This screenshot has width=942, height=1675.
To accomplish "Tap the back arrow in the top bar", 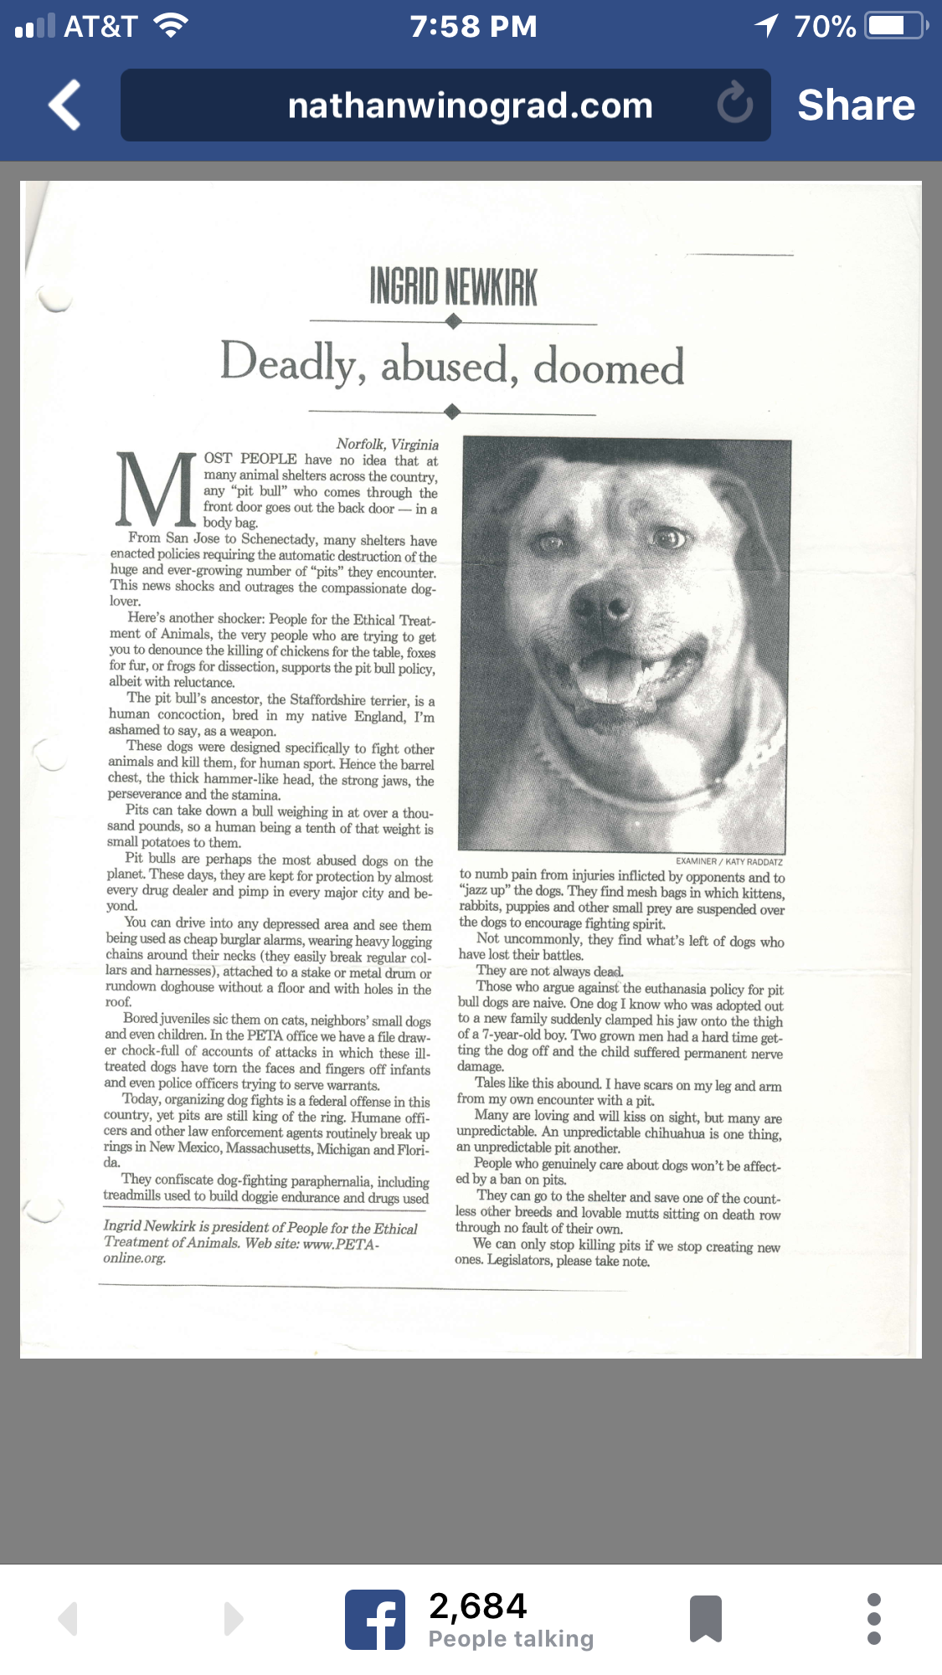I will coord(64,105).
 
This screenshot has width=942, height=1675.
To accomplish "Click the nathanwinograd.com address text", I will coord(470,106).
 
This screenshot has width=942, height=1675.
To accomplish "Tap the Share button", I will coord(856,105).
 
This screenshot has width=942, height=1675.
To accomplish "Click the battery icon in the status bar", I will coord(895,26).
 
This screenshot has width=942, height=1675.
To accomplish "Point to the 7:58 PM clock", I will coord(473,27).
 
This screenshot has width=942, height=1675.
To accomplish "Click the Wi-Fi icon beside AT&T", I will coord(171,26).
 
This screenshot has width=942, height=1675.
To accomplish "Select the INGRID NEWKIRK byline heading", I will coord(453,287).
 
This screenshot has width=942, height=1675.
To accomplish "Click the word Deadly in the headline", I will coord(289,363).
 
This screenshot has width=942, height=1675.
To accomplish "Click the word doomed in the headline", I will coord(609,367).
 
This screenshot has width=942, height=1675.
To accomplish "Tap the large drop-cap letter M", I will coord(156,490).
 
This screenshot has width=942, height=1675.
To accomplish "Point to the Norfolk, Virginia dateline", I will coord(387,444).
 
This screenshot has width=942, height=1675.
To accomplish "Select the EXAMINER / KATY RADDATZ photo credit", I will coord(728,861).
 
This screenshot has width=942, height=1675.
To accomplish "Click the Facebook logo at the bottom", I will coord(375,1619).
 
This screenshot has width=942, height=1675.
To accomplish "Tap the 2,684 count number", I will coord(477,1606).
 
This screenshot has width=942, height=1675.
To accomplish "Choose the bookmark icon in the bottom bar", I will coord(705,1619).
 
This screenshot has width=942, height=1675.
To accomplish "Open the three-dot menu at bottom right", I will coord(874,1619).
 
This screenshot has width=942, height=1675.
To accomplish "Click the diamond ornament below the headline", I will coord(452,411).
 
